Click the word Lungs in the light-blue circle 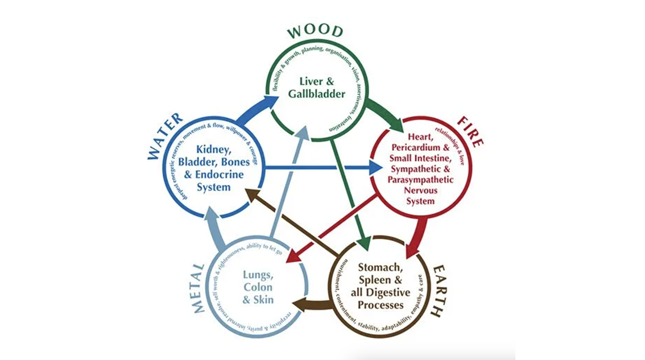[x=259, y=276]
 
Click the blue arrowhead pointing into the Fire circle [x=376, y=168]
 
